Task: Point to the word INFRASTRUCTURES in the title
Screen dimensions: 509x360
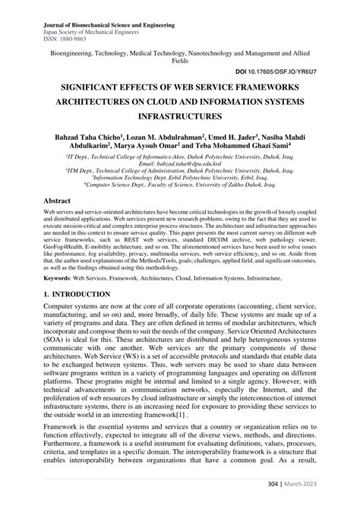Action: point(179,117)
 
